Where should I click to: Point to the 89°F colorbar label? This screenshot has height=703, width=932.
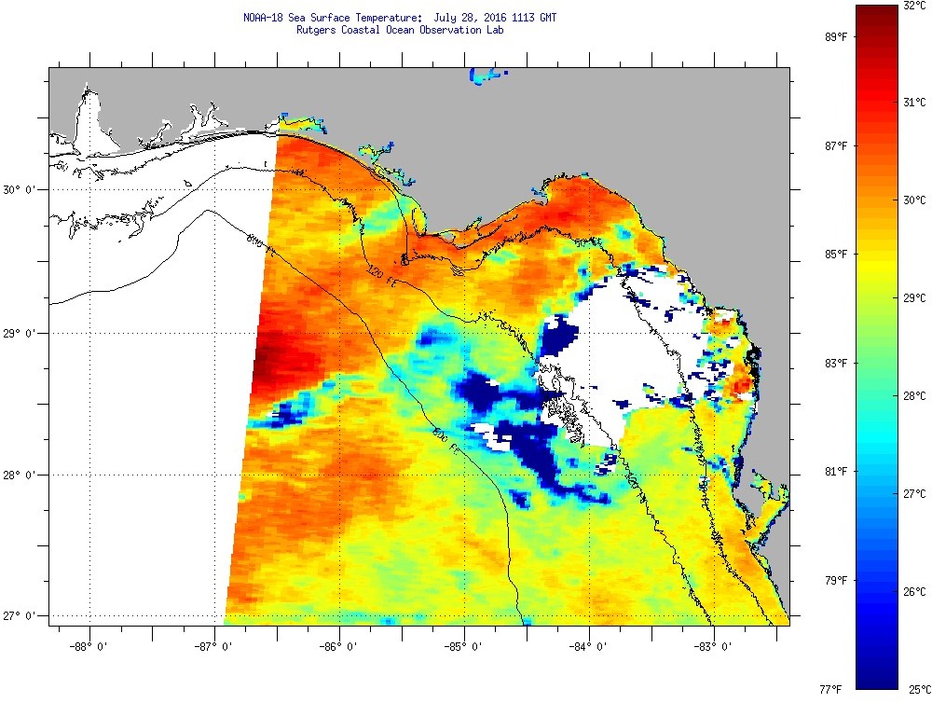pos(835,37)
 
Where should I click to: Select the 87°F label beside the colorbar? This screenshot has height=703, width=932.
pos(835,146)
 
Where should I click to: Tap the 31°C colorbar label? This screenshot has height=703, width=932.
pos(914,102)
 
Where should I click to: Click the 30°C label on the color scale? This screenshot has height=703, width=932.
pos(914,200)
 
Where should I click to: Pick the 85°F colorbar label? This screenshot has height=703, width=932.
pos(835,255)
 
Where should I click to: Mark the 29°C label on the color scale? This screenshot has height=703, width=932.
pos(914,298)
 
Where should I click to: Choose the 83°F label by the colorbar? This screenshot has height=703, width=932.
pos(835,363)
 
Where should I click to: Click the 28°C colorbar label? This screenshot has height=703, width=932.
pos(914,396)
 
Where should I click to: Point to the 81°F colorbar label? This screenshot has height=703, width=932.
pos(835,472)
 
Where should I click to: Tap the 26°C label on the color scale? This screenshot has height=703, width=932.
pos(914,592)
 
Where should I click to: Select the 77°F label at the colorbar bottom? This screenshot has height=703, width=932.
pos(831,689)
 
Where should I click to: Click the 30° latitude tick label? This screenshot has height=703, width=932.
pos(18,190)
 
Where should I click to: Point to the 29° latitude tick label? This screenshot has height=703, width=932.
pos(18,333)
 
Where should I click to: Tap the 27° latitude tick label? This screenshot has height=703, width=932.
pos(18,616)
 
